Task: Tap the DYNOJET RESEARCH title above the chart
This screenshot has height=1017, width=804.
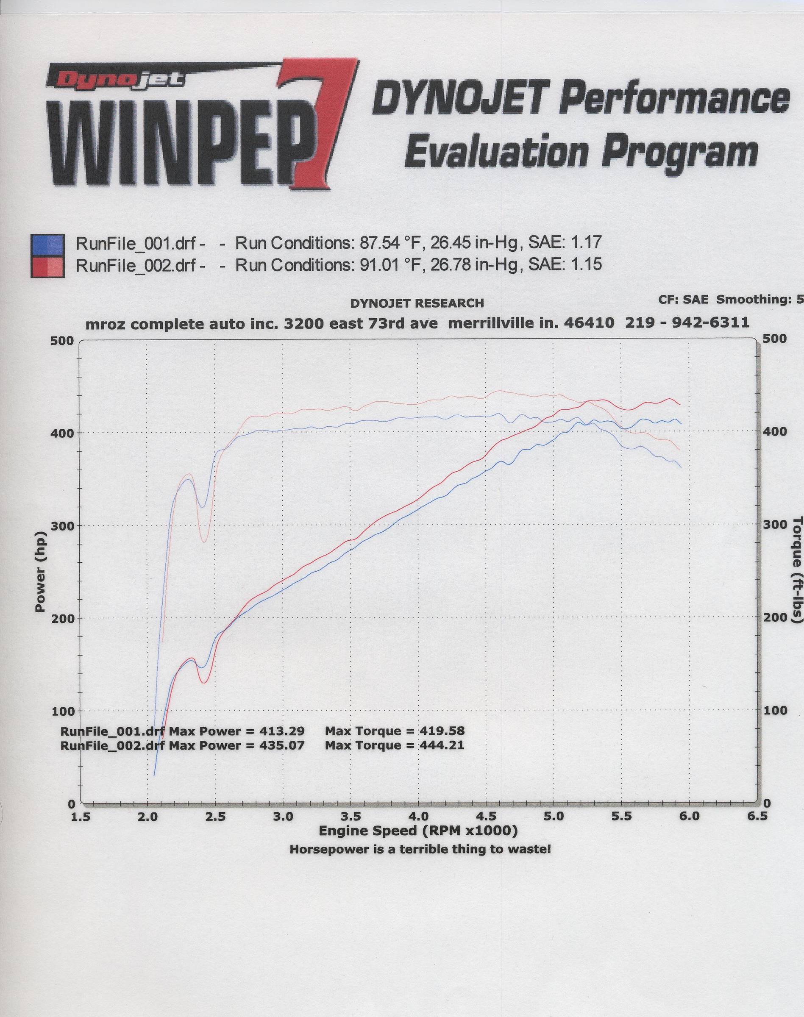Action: [417, 303]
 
